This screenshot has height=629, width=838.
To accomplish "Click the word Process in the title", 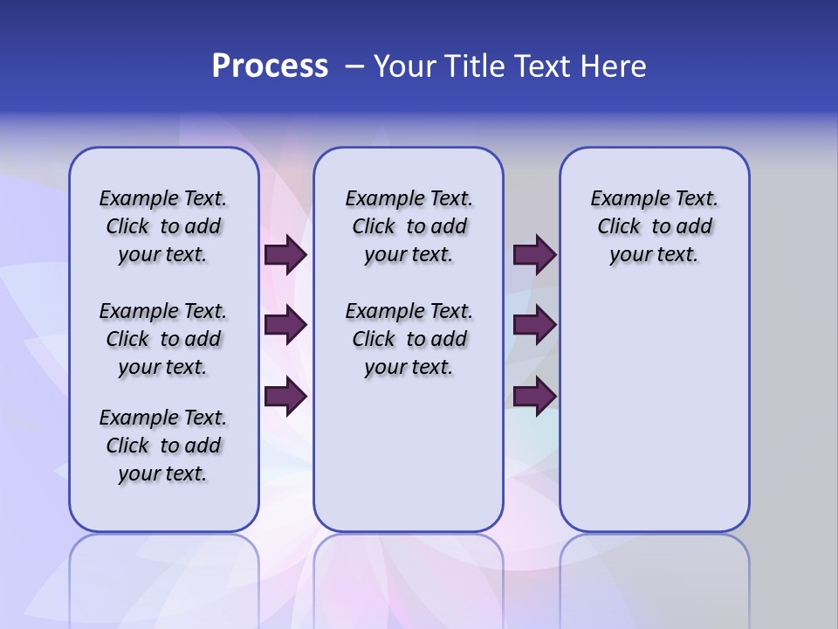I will [x=270, y=66].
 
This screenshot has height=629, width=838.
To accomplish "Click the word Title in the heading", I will [x=472, y=66].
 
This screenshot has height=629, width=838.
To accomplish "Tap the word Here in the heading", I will [x=615, y=66].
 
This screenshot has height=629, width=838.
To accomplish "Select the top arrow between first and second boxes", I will [x=285, y=254].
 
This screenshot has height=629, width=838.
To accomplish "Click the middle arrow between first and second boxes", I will [x=285, y=325].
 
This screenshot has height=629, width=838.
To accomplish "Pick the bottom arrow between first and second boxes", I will [x=285, y=396].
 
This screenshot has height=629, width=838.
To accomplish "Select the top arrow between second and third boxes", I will [x=534, y=254].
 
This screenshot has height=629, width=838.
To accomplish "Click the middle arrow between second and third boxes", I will [x=534, y=325].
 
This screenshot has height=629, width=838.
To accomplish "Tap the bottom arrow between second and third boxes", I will [x=534, y=396].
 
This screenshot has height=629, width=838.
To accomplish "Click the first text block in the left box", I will [x=163, y=226].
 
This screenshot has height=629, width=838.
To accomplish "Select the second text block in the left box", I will [x=163, y=339].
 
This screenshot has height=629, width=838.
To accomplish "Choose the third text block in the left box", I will [x=163, y=446].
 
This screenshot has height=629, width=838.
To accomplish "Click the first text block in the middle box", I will [x=409, y=226].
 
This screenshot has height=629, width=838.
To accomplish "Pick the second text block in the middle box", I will [x=409, y=339].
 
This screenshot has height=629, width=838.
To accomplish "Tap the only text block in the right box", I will [x=654, y=226].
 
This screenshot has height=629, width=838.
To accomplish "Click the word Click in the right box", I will [x=619, y=227].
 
